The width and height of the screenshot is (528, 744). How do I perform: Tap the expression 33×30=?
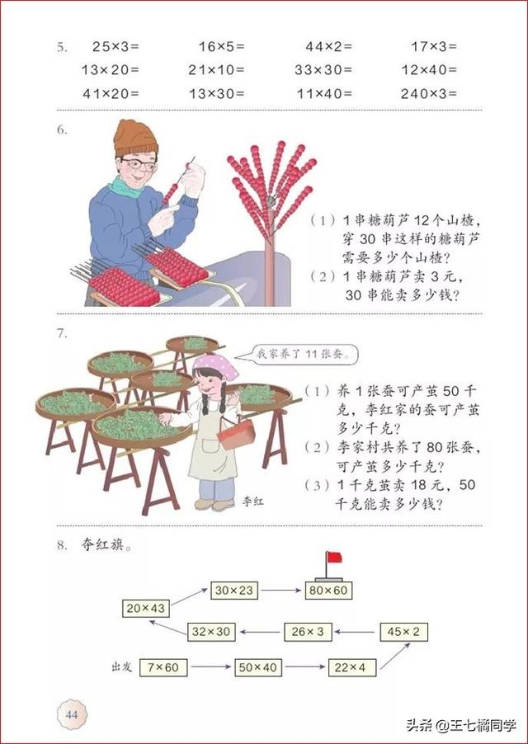[x=323, y=70]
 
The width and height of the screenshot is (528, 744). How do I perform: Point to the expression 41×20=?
[x=111, y=93]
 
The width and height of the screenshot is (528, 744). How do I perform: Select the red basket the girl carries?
[x=234, y=432]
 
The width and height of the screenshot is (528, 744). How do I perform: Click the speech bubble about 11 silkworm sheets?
[x=305, y=356]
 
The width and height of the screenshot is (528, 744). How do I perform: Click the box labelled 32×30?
[x=211, y=632]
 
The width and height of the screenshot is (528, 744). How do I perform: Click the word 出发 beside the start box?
[x=122, y=666]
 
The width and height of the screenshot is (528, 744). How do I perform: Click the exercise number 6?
[x=62, y=129]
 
